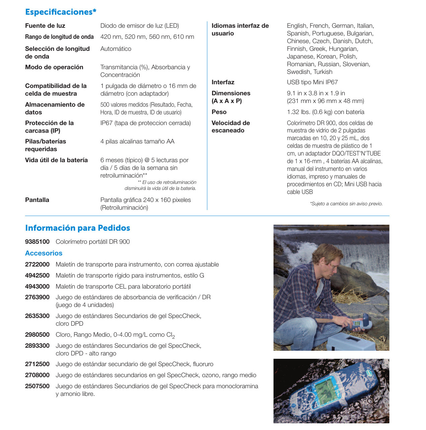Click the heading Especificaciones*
pos(61,12)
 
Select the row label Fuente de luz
pos(45,26)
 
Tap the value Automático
pos(116,49)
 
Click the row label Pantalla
pos(37,200)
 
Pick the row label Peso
pos(219,112)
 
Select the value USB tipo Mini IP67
pos(312,82)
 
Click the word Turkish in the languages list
pos(323,72)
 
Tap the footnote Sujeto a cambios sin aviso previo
pos(346,204)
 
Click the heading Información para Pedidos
pos(77,228)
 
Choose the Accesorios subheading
pos(44,253)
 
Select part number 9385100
pos(37,242)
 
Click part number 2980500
pos(37,335)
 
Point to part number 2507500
pos(37,386)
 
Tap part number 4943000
pos(37,287)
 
